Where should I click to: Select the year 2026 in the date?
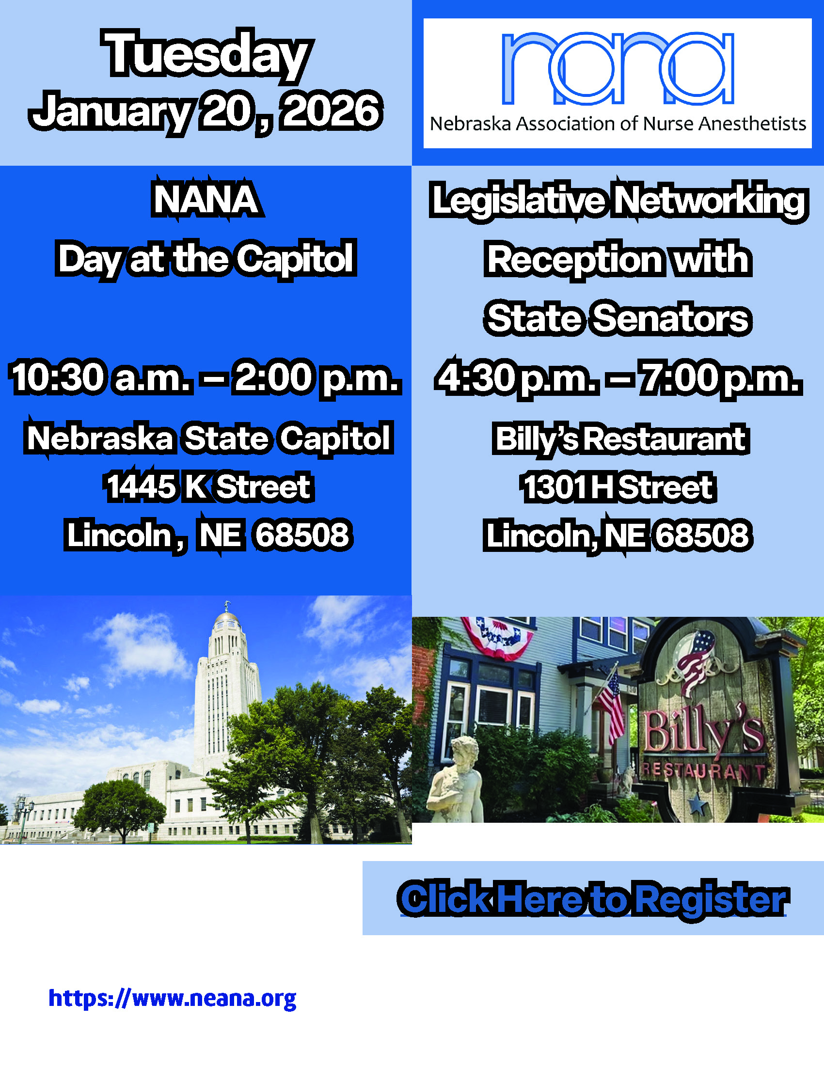(x=332, y=111)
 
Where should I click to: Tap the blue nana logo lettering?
(x=618, y=68)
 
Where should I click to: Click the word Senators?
(x=671, y=319)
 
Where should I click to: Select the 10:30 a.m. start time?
(x=100, y=377)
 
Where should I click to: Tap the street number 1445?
(x=141, y=486)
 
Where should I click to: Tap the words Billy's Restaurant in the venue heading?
(x=620, y=439)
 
